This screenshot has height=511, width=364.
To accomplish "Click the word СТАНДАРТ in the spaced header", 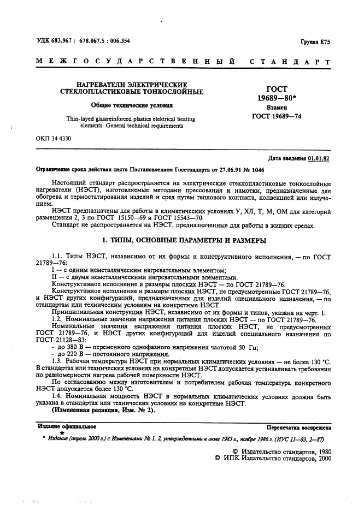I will pos(290,63).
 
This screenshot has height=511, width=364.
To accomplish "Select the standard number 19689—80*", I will pos(276,98).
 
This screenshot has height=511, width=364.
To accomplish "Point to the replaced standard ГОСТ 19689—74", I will pos(276,116).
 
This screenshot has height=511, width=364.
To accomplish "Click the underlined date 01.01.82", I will pos(319,159).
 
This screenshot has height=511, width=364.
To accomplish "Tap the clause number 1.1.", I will pos(57,257).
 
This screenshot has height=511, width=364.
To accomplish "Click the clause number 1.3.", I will pos(57,361).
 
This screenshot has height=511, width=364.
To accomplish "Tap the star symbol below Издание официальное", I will pos(61,433).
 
